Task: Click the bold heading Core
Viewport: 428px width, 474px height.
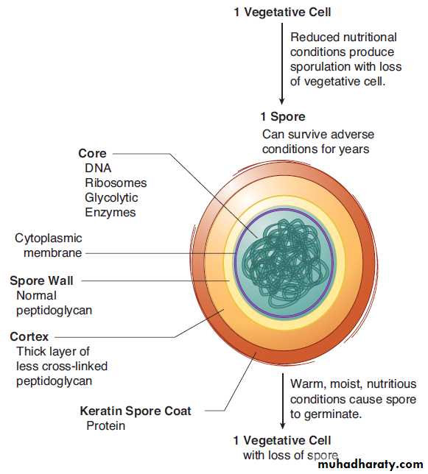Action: [92, 153]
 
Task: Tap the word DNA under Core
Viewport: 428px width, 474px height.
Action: [98, 168]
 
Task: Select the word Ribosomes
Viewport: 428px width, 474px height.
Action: [116, 183]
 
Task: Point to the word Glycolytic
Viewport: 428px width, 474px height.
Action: [111, 198]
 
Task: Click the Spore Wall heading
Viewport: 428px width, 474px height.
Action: [41, 280]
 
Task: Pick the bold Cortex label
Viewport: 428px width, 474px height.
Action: [29, 336]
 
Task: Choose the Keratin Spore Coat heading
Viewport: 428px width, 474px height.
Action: [136, 411]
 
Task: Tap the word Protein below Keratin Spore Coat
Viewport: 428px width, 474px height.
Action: [106, 425]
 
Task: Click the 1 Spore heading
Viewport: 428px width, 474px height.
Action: [283, 117]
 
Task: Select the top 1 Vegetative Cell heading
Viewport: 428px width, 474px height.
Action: [283, 12]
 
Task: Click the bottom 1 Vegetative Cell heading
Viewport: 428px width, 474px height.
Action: [282, 440]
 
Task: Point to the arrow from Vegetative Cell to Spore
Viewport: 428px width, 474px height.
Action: [282, 63]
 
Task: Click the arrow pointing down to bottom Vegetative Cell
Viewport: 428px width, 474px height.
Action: [283, 401]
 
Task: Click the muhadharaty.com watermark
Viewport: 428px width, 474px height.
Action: [371, 464]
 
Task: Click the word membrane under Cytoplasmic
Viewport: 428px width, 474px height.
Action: [52, 252]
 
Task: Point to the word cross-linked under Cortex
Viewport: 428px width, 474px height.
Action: [75, 366]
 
